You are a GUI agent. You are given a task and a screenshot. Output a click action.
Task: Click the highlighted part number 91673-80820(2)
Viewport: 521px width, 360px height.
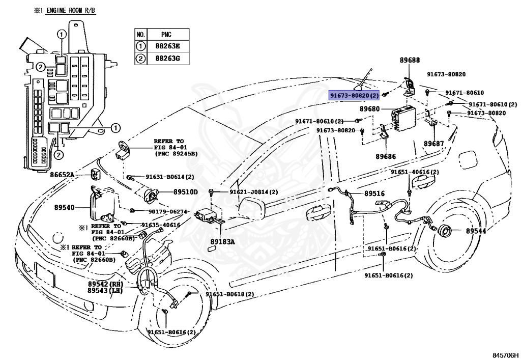pyautogui.click(x=354, y=95)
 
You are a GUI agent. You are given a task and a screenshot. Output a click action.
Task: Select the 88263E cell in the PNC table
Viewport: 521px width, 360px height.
pyautogui.click(x=167, y=46)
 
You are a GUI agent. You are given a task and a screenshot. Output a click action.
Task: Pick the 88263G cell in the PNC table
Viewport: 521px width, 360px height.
pyautogui.click(x=167, y=59)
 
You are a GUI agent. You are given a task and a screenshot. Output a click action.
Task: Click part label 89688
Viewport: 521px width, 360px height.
pyautogui.click(x=410, y=60)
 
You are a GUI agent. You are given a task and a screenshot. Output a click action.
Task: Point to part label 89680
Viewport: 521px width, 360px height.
pyautogui.click(x=370, y=109)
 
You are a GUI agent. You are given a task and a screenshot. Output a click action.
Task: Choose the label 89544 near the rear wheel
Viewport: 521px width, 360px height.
pyautogui.click(x=476, y=231)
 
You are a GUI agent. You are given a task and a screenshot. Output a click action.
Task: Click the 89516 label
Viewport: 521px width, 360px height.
pyautogui.click(x=374, y=193)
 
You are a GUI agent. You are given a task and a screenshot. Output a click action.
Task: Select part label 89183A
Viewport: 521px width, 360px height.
pyautogui.click(x=222, y=242)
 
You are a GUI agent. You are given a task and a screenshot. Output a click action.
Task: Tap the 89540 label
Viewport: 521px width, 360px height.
pyautogui.click(x=65, y=207)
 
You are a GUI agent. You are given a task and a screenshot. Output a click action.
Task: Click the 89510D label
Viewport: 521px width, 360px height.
pyautogui.click(x=185, y=192)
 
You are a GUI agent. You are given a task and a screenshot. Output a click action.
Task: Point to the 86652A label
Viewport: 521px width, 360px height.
pyautogui.click(x=62, y=175)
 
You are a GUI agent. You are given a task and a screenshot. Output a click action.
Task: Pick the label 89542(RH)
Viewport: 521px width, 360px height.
pyautogui.click(x=105, y=284)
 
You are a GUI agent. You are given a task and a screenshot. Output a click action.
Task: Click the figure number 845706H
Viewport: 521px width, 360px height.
pyautogui.click(x=505, y=355)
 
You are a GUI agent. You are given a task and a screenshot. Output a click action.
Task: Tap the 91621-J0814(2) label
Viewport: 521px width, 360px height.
pyautogui.click(x=254, y=192)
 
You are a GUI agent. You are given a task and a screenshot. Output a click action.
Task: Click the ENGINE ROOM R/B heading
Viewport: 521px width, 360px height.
pyautogui.click(x=70, y=10)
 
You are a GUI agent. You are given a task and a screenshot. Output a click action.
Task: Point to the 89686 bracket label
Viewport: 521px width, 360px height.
pyautogui.click(x=386, y=156)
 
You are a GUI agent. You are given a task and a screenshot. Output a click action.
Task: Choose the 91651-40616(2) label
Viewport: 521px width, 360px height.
pyautogui.click(x=415, y=172)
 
